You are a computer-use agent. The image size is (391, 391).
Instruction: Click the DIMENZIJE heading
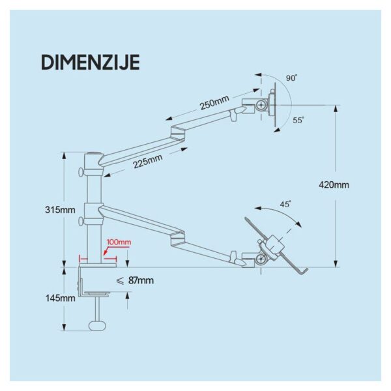point(91,63)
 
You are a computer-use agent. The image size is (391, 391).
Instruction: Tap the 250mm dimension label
point(214,102)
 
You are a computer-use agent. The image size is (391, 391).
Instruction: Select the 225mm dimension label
point(147,161)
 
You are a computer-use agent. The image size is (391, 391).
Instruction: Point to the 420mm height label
point(334,185)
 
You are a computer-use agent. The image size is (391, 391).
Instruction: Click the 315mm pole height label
point(60,210)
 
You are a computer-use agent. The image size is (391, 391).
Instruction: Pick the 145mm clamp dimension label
point(60,298)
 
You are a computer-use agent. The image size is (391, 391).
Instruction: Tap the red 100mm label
point(119,242)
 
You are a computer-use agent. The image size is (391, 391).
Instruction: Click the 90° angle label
point(291,78)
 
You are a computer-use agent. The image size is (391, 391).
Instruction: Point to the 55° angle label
point(298,120)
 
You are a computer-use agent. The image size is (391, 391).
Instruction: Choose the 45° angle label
point(285,204)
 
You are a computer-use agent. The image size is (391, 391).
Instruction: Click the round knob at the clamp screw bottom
point(98,326)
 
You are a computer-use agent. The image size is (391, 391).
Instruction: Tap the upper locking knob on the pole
point(81,172)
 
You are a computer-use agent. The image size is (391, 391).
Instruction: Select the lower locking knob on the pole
point(81,221)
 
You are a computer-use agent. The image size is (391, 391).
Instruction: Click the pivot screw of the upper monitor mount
point(261,105)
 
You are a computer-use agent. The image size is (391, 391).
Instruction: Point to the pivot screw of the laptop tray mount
point(261,259)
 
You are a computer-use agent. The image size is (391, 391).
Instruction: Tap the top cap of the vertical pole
point(94,154)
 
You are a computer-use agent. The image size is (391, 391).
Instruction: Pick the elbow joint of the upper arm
point(178,133)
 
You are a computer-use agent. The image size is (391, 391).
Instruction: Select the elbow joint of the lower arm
point(177,238)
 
